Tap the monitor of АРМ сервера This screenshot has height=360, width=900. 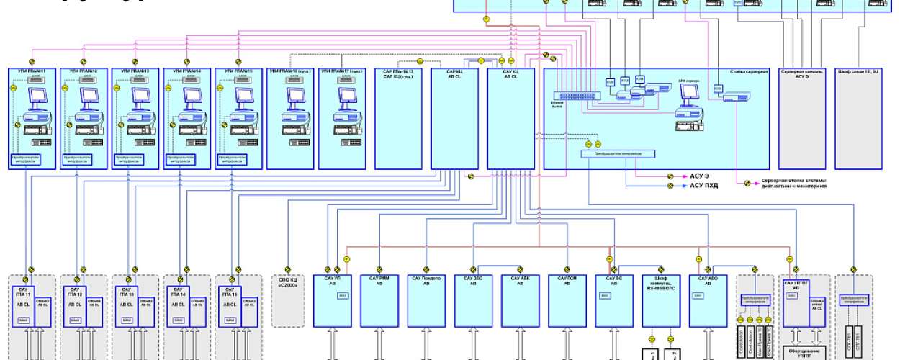click(690, 91)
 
